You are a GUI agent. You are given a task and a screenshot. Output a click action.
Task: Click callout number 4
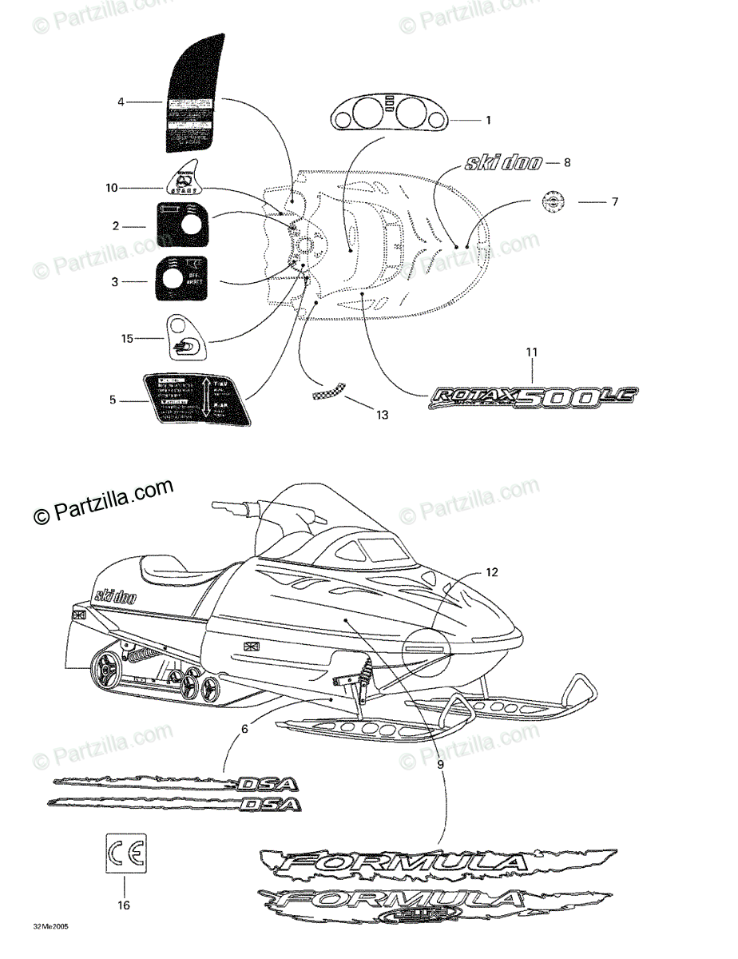click(x=121, y=102)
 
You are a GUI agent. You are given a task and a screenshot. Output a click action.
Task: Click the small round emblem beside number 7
click(x=550, y=203)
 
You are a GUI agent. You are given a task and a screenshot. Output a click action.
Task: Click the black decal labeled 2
click(x=181, y=225)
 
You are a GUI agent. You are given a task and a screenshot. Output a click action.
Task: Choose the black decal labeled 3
click(x=181, y=279)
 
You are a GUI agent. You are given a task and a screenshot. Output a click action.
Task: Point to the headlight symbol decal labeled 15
click(x=184, y=339)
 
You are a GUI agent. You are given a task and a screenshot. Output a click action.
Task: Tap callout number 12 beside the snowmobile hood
click(x=492, y=572)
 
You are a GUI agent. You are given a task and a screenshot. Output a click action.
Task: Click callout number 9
click(x=440, y=764)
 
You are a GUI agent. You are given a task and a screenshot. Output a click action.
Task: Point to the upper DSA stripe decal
click(x=176, y=782)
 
